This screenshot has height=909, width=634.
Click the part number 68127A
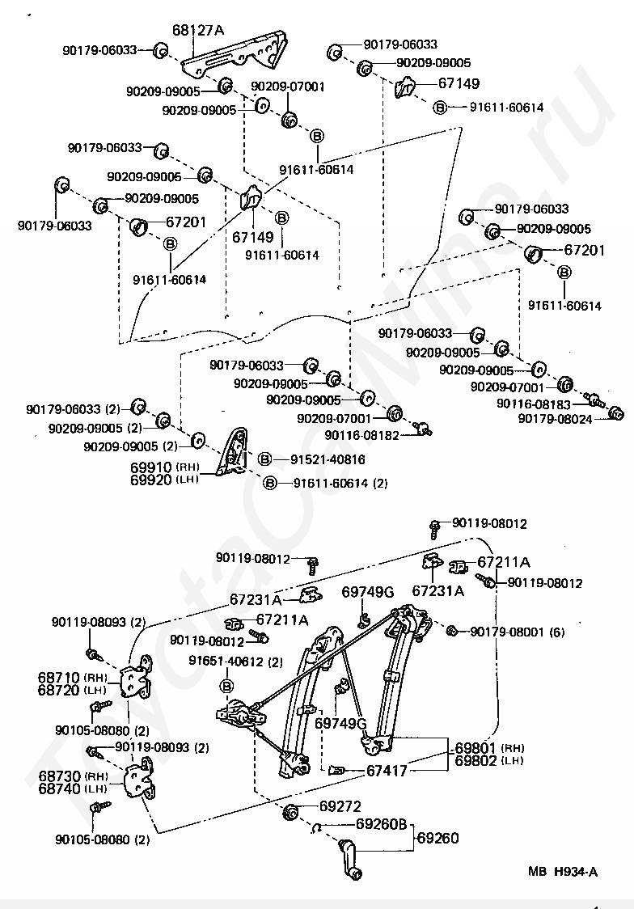(x=198, y=32)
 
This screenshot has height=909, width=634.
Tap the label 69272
(x=340, y=806)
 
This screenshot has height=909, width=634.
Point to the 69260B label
(x=383, y=826)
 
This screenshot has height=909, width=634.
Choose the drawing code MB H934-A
(x=563, y=871)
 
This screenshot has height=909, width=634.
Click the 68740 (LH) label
(x=73, y=789)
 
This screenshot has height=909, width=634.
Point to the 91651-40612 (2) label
(x=236, y=662)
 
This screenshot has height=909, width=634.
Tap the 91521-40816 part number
(x=328, y=459)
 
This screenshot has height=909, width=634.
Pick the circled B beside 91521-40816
(x=264, y=459)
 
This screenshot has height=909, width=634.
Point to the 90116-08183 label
(x=534, y=403)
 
